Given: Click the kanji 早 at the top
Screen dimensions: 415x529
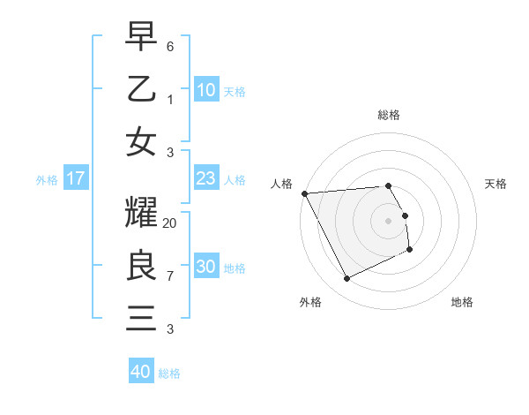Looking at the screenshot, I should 141,36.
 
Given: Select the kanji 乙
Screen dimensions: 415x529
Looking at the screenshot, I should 141,89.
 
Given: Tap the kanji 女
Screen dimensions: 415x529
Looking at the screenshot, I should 141,142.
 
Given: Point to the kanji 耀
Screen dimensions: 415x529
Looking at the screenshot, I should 141,213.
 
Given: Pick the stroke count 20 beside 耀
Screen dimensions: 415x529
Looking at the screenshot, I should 170,223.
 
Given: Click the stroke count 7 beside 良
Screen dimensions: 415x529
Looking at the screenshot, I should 170,276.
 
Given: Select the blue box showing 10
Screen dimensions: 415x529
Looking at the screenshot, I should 205,90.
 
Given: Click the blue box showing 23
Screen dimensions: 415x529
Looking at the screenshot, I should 205,178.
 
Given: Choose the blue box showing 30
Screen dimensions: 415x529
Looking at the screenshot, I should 205,267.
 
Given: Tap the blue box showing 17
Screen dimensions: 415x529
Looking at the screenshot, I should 76,178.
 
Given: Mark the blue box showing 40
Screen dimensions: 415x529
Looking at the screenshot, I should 141,372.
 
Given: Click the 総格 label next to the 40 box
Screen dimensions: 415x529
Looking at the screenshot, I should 169,373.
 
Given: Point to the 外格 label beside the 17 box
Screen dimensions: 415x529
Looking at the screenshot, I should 47,180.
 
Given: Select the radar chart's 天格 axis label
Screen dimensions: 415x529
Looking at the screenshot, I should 496,184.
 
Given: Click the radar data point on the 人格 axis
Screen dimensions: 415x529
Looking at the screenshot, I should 304,192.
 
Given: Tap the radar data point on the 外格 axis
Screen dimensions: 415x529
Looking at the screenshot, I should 346,279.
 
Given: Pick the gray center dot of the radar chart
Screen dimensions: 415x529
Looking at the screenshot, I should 389,220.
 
